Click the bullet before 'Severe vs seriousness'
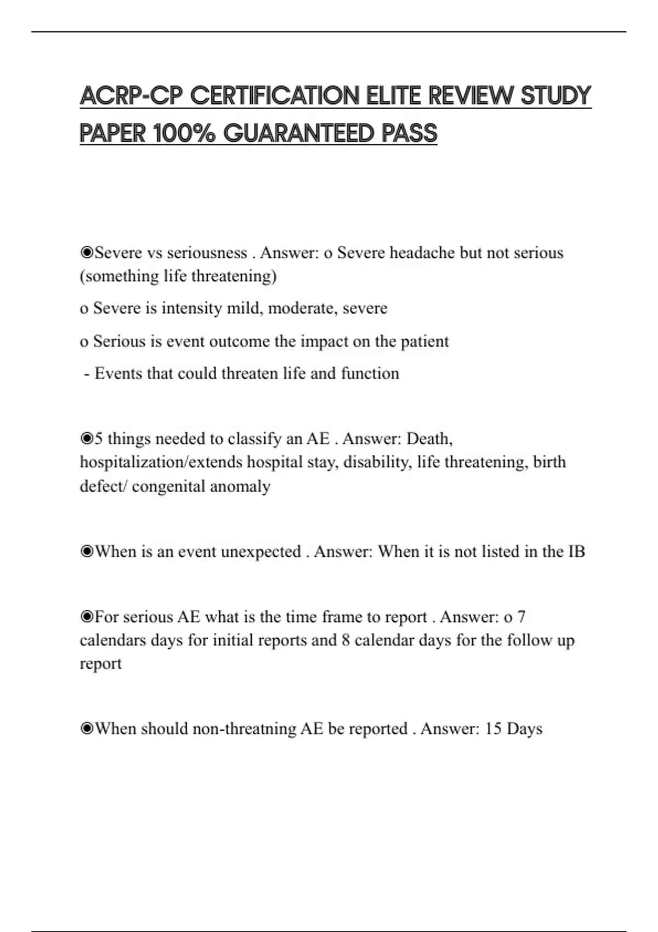(87, 253)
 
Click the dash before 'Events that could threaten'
(87, 374)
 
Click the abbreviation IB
(576, 551)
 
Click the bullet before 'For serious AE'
(87, 617)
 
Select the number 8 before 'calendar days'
(345, 640)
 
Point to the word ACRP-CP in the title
(131, 96)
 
